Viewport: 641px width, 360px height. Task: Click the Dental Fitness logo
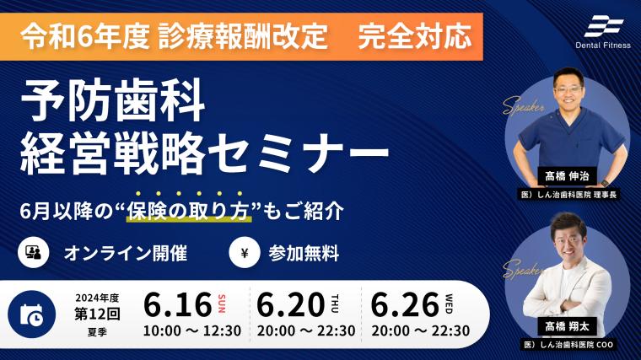(603, 33)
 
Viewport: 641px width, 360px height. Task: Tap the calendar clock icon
(31, 314)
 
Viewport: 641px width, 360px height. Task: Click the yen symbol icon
(244, 253)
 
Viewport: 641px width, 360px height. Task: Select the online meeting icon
(34, 253)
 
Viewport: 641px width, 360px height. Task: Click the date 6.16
(178, 305)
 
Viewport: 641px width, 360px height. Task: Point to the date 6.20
(291, 305)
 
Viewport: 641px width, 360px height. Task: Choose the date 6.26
(405, 305)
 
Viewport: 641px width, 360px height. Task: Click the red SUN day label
(222, 304)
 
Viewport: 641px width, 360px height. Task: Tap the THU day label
(335, 304)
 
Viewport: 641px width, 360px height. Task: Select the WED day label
(449, 304)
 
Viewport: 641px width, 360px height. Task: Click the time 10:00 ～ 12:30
(192, 330)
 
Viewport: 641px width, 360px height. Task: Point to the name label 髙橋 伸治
(567, 176)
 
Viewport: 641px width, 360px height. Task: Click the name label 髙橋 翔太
(567, 326)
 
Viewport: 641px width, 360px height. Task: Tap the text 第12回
(97, 314)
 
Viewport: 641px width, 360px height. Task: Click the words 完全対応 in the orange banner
(415, 36)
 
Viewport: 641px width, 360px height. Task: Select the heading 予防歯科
(113, 100)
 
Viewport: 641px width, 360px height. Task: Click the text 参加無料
(304, 253)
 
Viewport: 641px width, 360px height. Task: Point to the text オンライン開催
(126, 253)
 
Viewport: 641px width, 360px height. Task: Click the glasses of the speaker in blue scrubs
(568, 89)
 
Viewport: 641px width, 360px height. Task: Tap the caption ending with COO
(568, 345)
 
